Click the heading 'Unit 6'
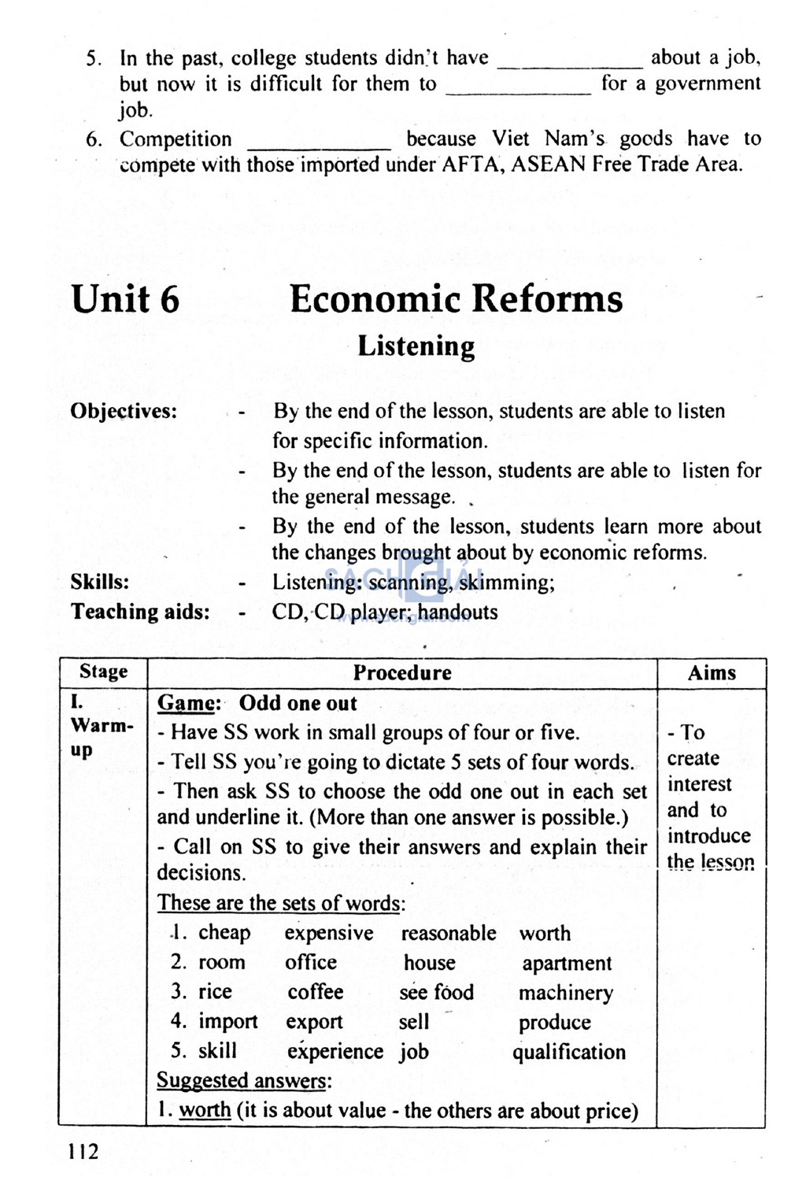click(125, 299)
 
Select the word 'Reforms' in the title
click(549, 299)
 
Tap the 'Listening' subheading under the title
click(416, 346)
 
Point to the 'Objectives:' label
click(124, 411)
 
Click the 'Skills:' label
click(100, 582)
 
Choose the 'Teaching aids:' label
click(140, 612)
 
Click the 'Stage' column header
click(103, 672)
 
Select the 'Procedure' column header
click(401, 672)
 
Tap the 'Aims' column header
click(712, 672)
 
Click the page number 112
click(83, 1152)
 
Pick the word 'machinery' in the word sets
click(565, 993)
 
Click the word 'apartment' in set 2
click(567, 964)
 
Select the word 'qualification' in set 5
click(569, 1052)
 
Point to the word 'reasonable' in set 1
click(449, 933)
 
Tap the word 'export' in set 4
click(314, 1022)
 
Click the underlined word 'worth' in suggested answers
click(205, 1110)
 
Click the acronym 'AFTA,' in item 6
click(472, 165)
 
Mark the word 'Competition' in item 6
click(176, 139)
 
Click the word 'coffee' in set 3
click(315, 992)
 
